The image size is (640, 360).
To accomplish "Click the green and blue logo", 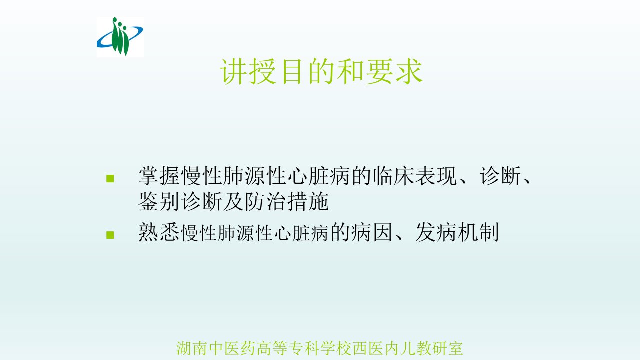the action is tap(120, 37).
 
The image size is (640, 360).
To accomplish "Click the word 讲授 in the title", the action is tap(248, 71).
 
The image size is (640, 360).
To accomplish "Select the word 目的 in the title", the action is tap(308, 71).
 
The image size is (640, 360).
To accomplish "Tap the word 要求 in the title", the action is tap(394, 71).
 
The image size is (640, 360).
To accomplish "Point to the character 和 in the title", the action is tap(350, 71).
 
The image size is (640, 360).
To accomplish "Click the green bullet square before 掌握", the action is tap(110, 178).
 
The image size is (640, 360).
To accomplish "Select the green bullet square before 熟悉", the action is tap(110, 235).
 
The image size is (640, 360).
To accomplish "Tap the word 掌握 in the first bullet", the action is tap(159, 176).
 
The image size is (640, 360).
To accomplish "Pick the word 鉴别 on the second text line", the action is tap(159, 201).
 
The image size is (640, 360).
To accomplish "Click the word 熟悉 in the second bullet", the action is tap(159, 232).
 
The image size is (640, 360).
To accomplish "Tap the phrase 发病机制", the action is tap(457, 232).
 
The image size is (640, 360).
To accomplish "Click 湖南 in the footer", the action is tap(192, 348).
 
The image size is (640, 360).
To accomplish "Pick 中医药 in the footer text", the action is tap(232, 348).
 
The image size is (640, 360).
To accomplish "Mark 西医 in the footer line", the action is tap(368, 348).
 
